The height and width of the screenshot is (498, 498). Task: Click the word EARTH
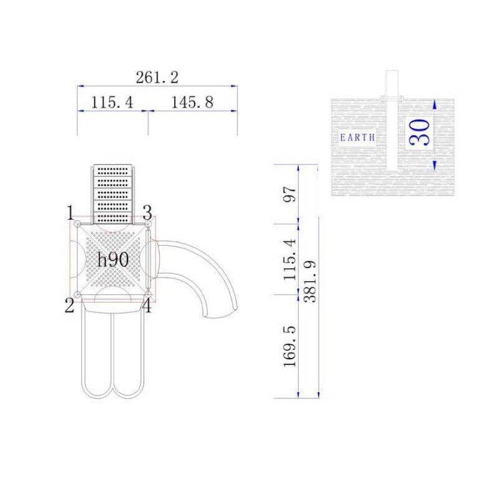tap(358, 138)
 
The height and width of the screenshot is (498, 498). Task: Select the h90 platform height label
tap(113, 260)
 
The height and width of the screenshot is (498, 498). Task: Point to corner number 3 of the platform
tap(148, 212)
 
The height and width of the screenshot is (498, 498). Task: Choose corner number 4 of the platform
tap(147, 305)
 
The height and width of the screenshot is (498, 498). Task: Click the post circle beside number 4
tap(149, 294)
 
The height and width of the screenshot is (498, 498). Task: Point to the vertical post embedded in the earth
tap(392, 121)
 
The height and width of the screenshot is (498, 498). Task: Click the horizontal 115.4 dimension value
tap(112, 102)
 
